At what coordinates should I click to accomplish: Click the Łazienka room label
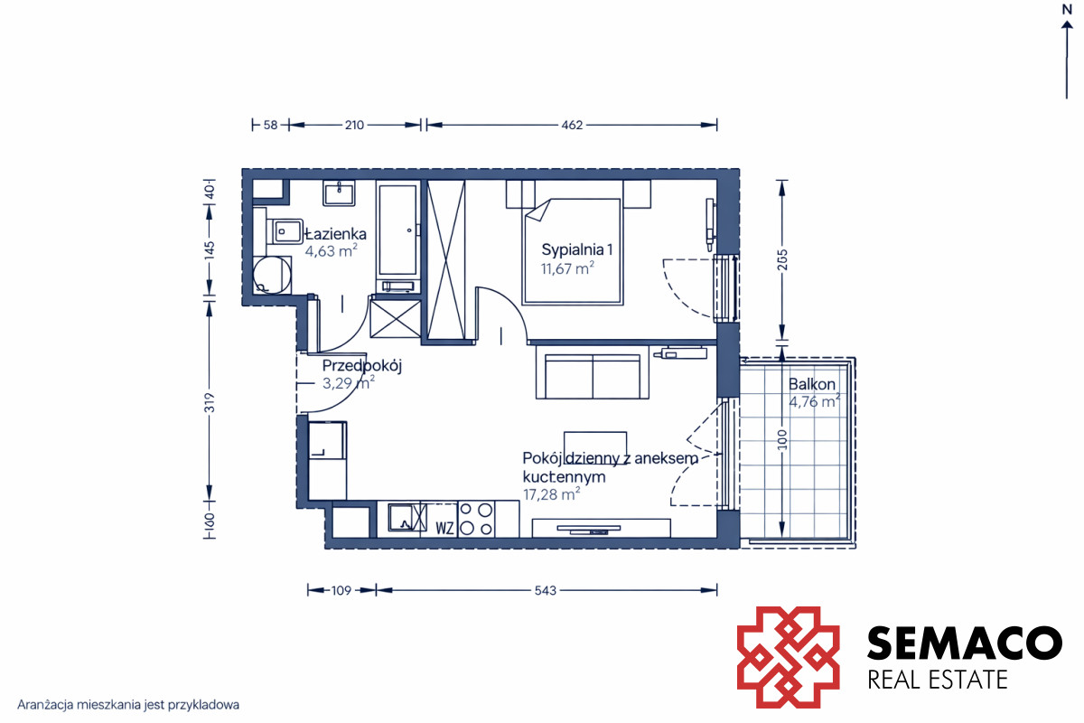click(335, 234)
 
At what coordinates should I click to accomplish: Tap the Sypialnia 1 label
click(577, 249)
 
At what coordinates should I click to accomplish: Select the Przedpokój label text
click(362, 366)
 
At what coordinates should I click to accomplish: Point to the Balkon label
click(812, 384)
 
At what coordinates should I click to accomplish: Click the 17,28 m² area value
click(551, 494)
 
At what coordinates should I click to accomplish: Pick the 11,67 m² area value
click(567, 268)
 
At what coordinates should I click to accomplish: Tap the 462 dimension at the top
click(572, 125)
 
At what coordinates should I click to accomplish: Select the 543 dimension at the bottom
click(545, 590)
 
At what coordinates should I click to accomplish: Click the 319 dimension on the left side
click(209, 402)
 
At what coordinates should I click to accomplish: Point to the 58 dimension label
click(270, 125)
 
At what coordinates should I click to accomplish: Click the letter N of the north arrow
click(1067, 10)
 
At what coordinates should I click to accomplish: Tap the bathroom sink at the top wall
click(339, 193)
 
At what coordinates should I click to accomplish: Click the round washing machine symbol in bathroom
click(272, 275)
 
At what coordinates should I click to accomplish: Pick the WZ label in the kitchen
click(444, 528)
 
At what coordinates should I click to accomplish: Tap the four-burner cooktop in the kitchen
click(476, 519)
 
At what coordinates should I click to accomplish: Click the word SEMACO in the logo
click(965, 643)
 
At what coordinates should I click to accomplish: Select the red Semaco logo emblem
click(789, 657)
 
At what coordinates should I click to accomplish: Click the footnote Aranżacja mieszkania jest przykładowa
click(128, 705)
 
